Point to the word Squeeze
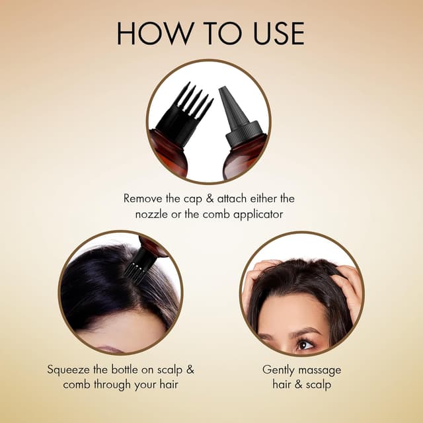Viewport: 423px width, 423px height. (69, 369)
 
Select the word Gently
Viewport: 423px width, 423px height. (280, 369)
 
